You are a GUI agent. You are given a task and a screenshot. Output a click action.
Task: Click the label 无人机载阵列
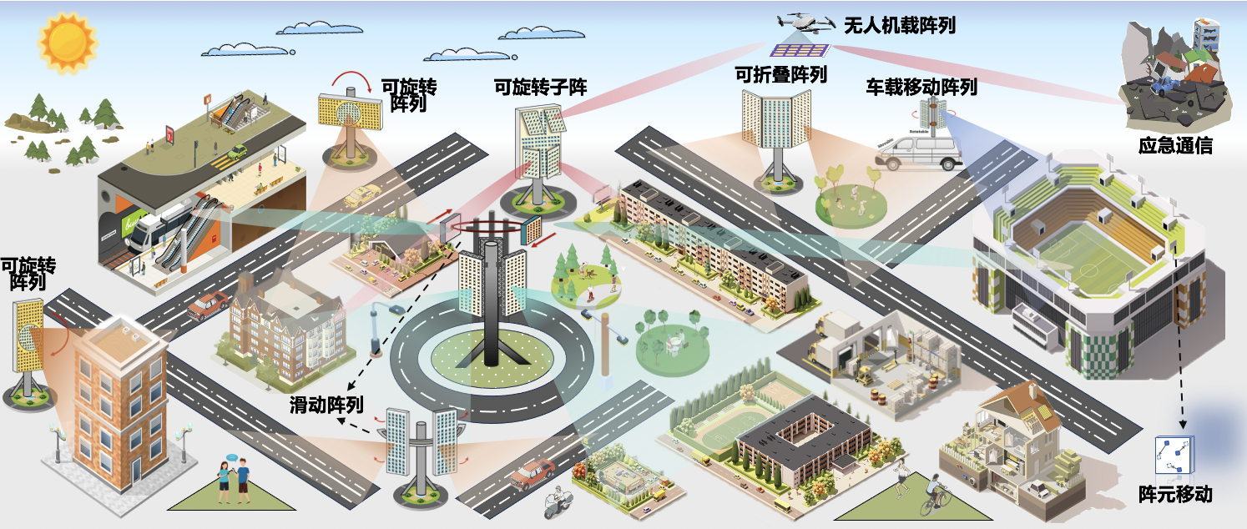pos(900,25)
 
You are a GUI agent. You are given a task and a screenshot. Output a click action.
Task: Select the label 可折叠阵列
pos(780,74)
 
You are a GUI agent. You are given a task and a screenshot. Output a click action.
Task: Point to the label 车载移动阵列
pos(921,87)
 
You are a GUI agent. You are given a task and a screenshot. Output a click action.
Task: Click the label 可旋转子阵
pos(541,87)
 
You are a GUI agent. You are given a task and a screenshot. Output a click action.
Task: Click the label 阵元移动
pos(1174,494)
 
